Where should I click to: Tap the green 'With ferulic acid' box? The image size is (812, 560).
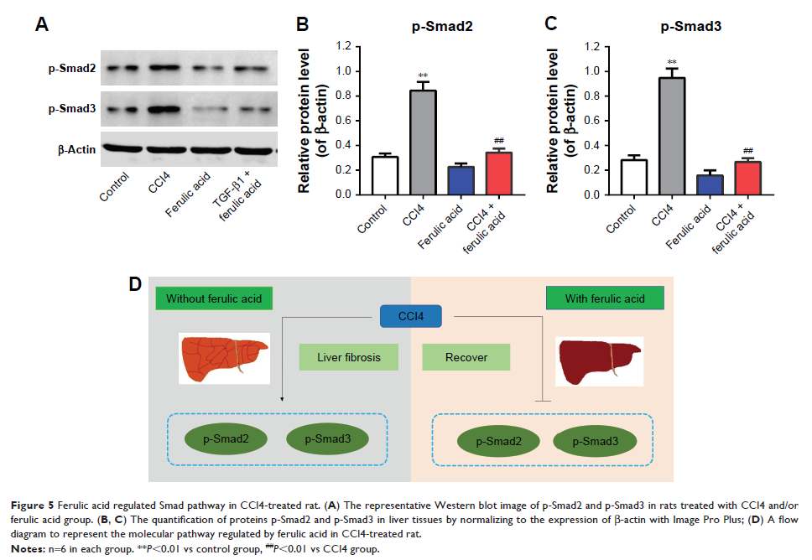pos(605,298)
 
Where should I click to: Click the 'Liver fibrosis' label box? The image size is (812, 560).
pos(349,357)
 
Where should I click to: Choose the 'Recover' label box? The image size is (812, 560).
pos(466,357)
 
